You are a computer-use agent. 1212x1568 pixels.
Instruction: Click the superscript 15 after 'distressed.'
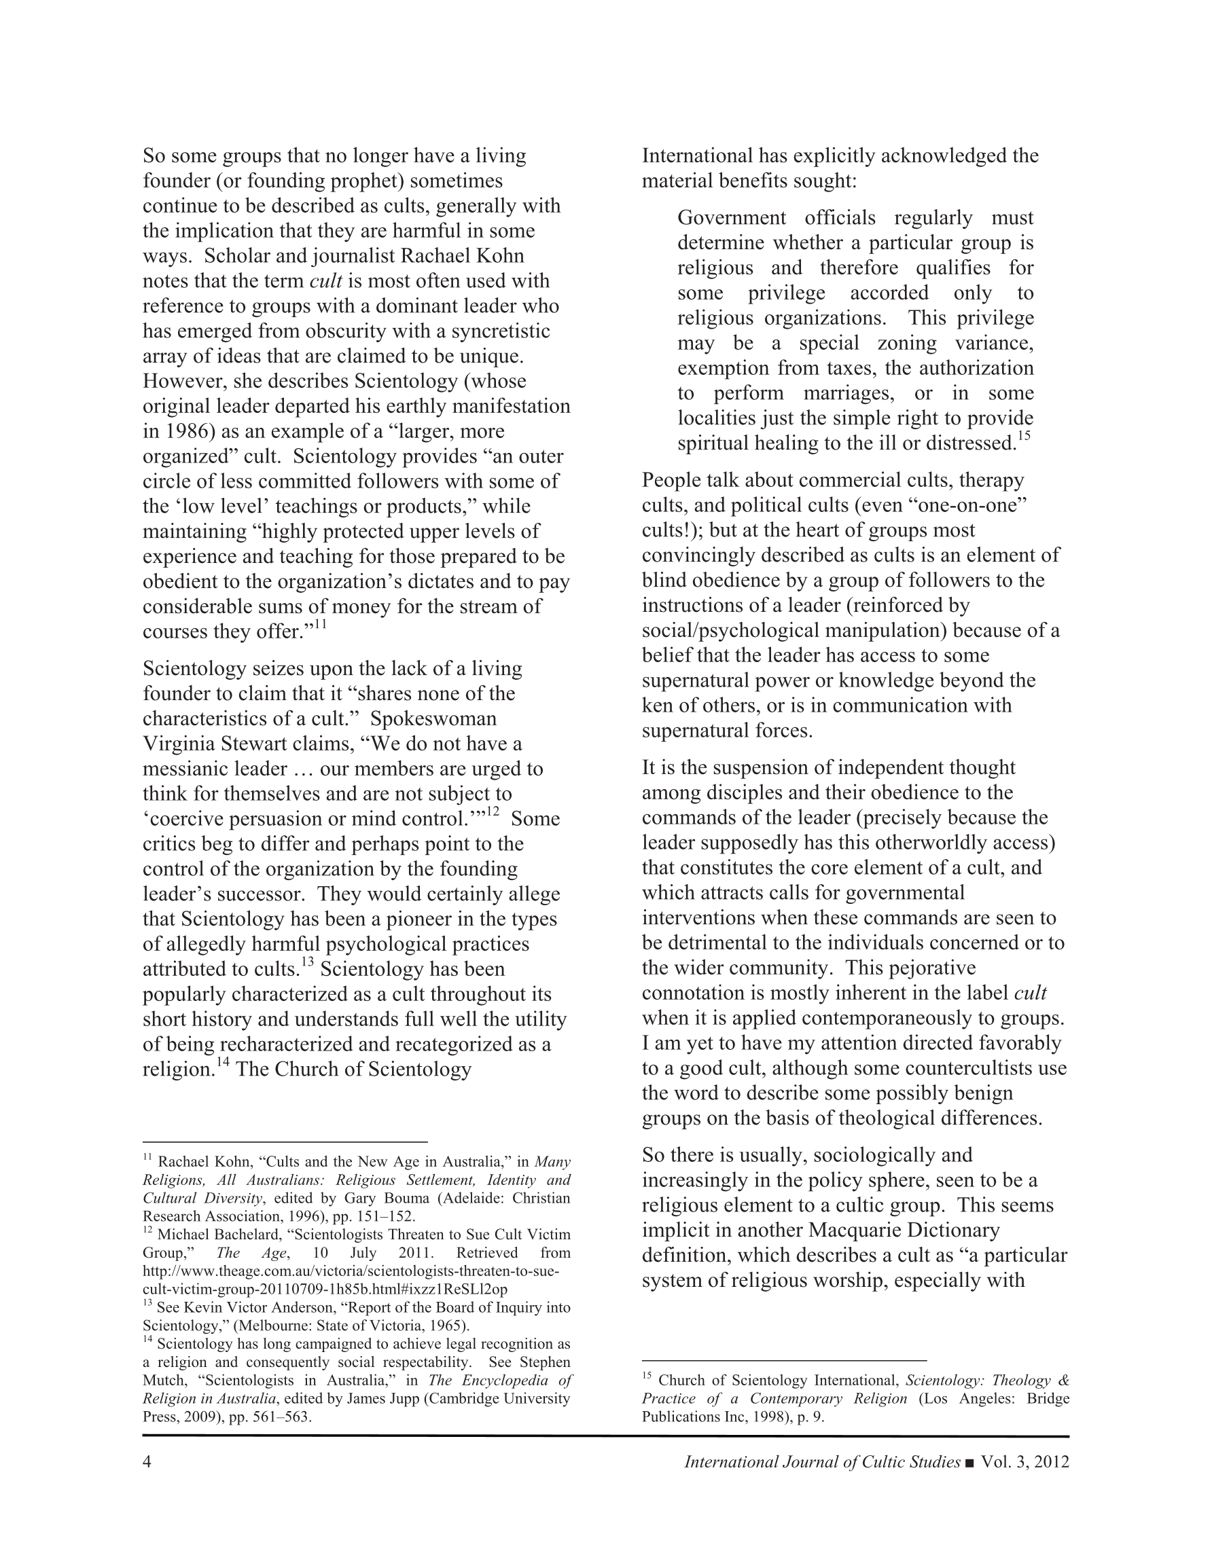click(1024, 437)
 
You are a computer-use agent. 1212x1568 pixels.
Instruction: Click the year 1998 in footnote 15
click(772, 1417)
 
